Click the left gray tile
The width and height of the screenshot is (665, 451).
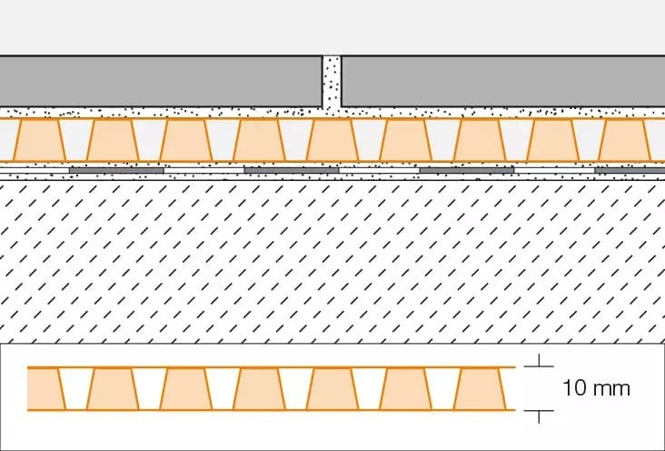coord(161,81)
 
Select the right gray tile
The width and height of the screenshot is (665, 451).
coord(503,81)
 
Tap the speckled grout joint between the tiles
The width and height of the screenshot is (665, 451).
coord(332,82)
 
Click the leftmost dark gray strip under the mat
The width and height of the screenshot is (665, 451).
coord(116,170)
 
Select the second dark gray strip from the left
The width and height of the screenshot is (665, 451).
coord(292,170)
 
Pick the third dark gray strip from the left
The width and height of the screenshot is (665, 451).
coord(467,170)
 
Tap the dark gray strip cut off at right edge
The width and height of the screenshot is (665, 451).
coord(630,170)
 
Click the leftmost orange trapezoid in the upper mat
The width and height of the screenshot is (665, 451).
coord(39,140)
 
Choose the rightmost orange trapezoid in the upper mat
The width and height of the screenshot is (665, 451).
coord(623,140)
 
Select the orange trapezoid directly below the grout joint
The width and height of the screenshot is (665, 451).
coord(332,140)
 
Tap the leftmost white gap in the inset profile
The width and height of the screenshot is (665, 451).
coord(76,389)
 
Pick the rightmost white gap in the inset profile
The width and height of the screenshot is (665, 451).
coord(442,389)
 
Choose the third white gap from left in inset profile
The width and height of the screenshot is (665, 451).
coord(223,389)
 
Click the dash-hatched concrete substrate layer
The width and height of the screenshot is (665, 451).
coord(332,262)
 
